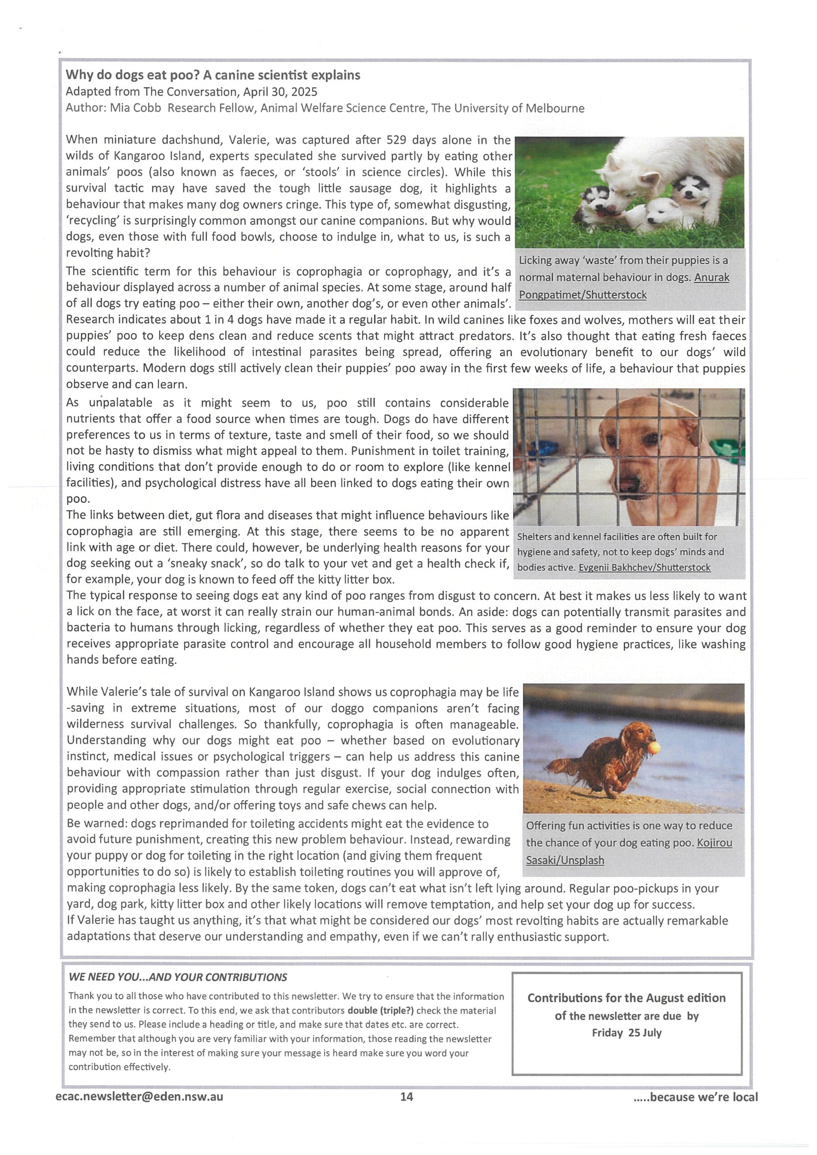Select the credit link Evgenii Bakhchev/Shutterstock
pos(644,568)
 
